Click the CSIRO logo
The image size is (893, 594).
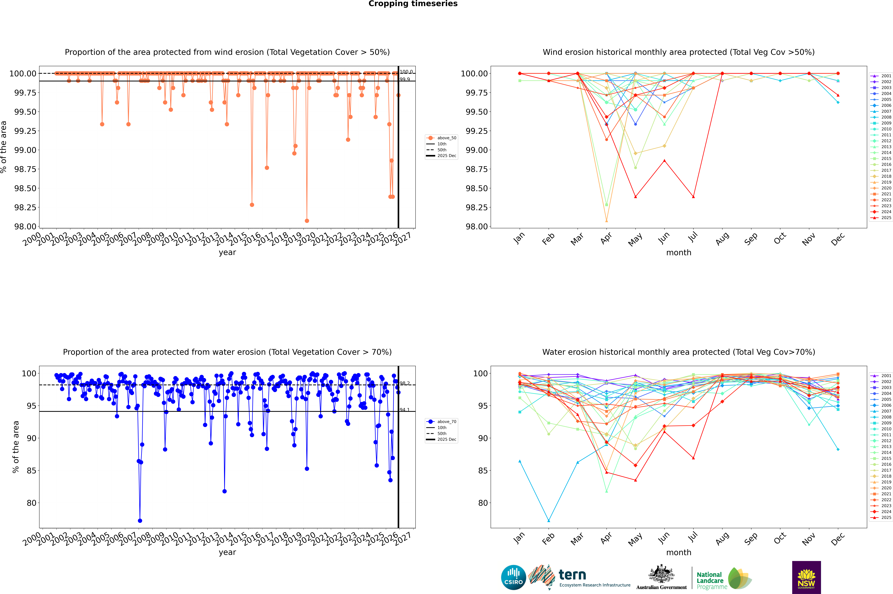513,577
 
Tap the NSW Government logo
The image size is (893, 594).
806,577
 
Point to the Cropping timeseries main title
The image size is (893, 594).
413,4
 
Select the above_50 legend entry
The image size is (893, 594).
447,138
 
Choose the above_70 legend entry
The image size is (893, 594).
447,422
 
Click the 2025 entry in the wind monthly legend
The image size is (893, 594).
886,218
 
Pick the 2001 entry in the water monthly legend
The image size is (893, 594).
886,376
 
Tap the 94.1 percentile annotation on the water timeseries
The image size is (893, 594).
405,410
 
